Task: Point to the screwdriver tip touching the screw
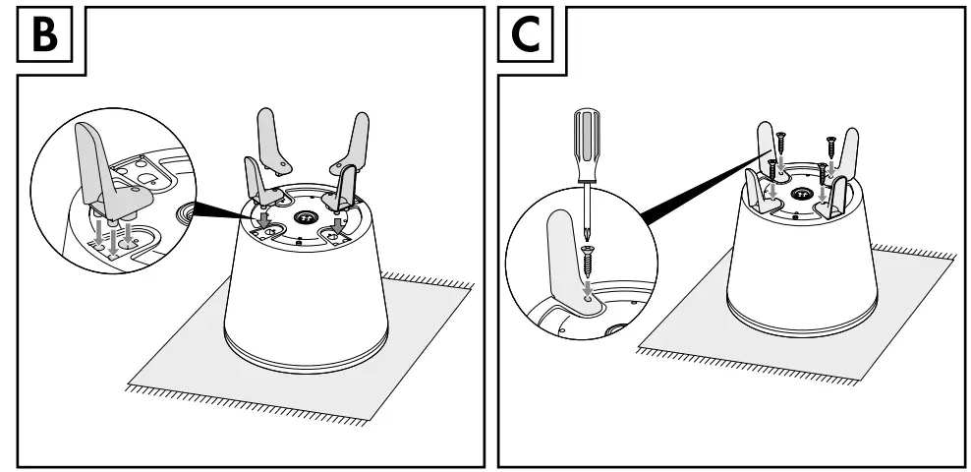(x=587, y=236)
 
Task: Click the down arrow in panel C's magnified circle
(x=589, y=289)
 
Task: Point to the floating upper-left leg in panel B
(x=269, y=137)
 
